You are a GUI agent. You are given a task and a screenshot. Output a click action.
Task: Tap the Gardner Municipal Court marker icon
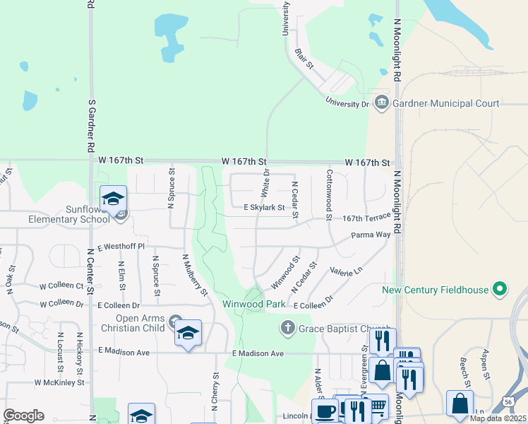pos(382,103)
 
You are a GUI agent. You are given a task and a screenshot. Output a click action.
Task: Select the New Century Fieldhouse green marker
pos(500,289)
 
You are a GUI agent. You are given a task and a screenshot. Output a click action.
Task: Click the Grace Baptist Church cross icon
pos(287,327)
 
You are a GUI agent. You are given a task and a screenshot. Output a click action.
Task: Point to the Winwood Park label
pos(253,304)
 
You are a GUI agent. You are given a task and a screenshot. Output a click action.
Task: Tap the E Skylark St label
pos(264,208)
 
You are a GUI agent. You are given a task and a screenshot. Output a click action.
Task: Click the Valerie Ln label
pos(346,271)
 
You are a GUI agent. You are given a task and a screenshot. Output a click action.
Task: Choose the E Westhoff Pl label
pos(121,247)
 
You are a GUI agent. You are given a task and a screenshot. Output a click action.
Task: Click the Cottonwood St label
pos(329,194)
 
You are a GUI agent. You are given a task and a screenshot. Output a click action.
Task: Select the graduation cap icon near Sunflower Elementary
pos(113,198)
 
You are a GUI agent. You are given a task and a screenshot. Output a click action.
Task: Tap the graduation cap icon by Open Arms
pos(188,333)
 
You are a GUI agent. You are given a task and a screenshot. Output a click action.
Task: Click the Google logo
pos(23,416)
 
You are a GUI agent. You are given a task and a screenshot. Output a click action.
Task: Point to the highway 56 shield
pos(509,400)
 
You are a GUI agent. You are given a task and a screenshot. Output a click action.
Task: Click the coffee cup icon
pos(325,411)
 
